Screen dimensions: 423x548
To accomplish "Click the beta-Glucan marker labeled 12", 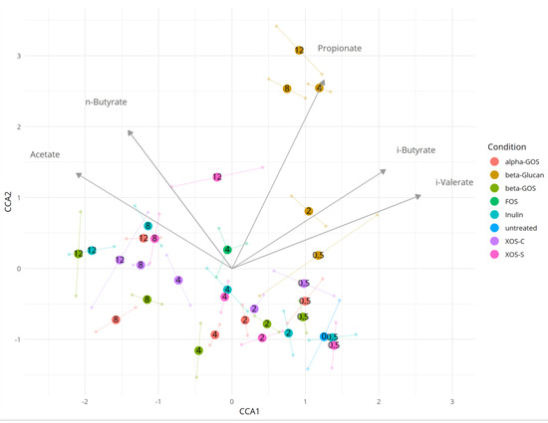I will click(299, 50).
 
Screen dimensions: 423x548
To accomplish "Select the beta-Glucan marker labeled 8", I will click(287, 89).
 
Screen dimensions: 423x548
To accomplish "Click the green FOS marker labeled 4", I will click(227, 250).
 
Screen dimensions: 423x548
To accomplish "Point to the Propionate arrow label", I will click(340, 48).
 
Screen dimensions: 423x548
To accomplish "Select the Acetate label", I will click(45, 154).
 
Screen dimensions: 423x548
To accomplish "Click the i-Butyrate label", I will click(415, 149).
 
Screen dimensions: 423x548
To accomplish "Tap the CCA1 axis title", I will click(232, 411).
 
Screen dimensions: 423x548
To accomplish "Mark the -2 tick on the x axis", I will click(85, 401).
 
